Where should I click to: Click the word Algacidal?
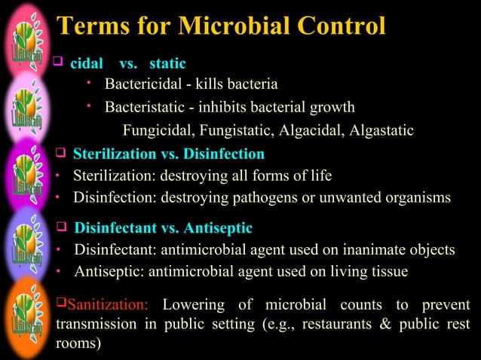pos(308,131)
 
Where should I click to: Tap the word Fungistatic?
pos(234,131)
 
